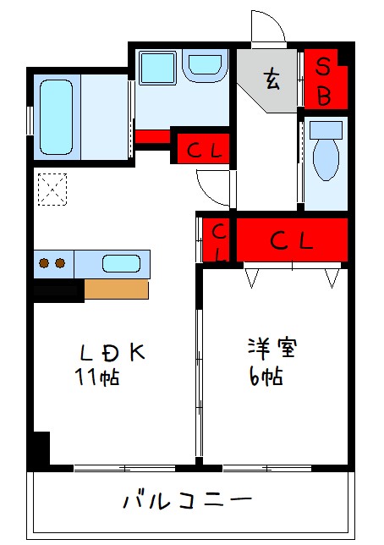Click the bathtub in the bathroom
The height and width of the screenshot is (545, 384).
click(x=56, y=117)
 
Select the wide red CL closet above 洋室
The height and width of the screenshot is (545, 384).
click(x=292, y=240)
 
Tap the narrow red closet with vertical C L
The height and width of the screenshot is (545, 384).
click(x=217, y=240)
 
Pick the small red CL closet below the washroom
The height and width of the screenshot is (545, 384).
click(x=203, y=150)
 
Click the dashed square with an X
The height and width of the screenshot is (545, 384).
click(x=53, y=189)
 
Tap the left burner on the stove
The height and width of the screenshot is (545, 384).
click(x=45, y=263)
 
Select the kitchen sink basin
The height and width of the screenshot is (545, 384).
click(x=120, y=263)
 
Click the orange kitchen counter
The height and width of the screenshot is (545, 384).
click(x=116, y=289)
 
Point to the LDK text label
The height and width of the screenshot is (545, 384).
click(x=112, y=352)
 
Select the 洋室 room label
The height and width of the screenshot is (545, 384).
click(x=274, y=348)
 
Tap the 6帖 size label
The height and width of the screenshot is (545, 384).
click(x=265, y=377)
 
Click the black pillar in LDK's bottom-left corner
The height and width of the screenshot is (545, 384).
click(x=39, y=448)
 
